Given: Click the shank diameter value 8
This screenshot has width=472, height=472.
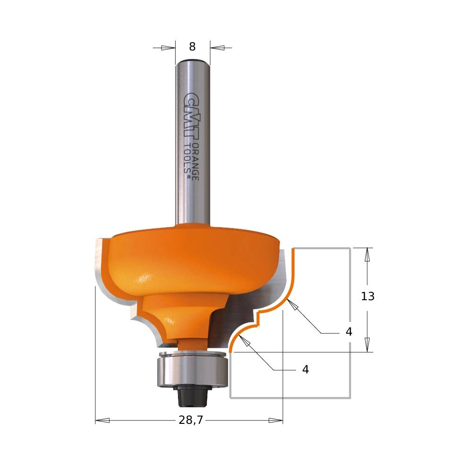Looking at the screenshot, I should tap(192, 47).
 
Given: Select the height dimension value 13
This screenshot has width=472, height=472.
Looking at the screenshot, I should tap(368, 296).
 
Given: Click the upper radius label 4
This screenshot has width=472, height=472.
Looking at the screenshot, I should tap(349, 332).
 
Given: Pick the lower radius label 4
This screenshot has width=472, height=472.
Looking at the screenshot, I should tap(305, 370).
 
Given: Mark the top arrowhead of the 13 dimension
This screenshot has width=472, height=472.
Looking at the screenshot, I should tap(367, 254).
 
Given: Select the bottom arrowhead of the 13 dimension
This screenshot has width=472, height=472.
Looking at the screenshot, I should tap(367, 345).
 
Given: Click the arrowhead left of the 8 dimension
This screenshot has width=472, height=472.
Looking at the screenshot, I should tap(168, 48).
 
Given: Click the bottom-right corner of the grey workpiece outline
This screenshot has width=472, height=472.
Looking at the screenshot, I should tap(350, 398).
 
